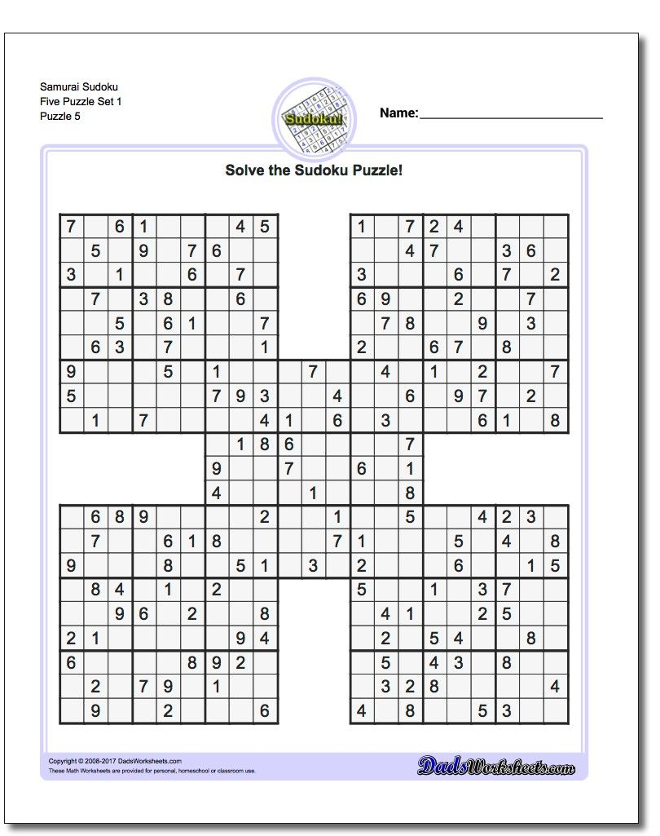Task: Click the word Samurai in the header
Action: pos(55,86)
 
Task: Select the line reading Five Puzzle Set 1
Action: pos(76,101)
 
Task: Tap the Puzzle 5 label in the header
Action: pos(59,116)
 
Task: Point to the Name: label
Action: pos(398,113)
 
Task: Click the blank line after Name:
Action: pos(511,116)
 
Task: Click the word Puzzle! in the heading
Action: pos(376,170)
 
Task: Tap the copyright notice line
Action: pos(115,761)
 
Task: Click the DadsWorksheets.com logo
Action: pos(496,766)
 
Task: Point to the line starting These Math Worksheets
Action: pos(152,771)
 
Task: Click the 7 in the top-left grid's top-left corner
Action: pos(72,228)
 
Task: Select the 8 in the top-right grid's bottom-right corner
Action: pos(555,421)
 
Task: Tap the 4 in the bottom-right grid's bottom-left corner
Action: pos(361,711)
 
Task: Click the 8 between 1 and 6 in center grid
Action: pos(265,445)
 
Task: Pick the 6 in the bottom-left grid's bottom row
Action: pos(264,711)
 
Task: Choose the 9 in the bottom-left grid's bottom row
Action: pos(95,711)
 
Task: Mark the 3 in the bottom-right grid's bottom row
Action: pos(507,711)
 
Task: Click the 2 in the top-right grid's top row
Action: pos(434,228)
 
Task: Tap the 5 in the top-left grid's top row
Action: pos(264,228)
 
